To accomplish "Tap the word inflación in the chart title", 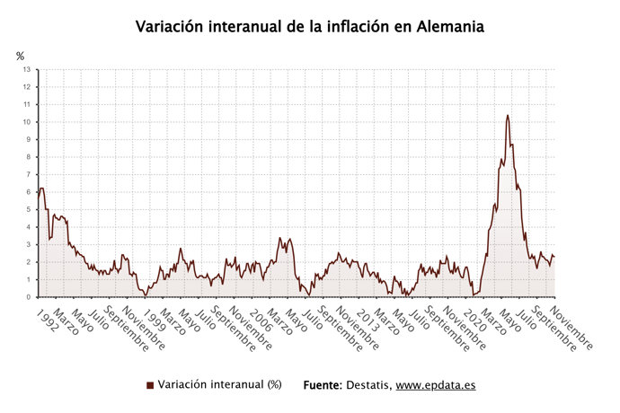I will coord(339,27).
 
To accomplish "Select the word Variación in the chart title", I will coord(173,27).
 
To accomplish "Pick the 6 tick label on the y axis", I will coord(29,192).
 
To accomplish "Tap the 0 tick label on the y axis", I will coord(29,297).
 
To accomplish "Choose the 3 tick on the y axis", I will coord(29,245).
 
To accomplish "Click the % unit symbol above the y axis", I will coord(21,56).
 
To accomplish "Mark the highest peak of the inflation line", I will coord(508,115).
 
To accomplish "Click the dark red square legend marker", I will coord(150,385).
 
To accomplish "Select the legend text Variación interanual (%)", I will coord(219,385).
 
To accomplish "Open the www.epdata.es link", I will coord(436,385).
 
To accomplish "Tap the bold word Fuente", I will coord(322,385).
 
